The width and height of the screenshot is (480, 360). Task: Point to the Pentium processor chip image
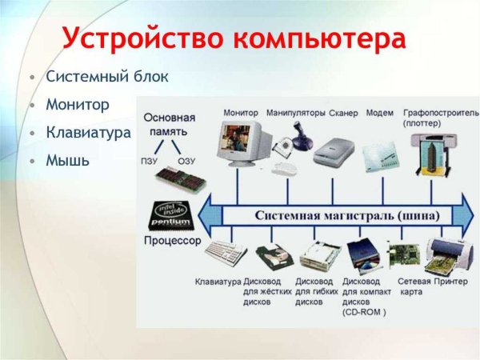point(171,215)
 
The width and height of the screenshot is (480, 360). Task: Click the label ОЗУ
point(186,160)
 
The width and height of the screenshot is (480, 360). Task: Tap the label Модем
point(379,113)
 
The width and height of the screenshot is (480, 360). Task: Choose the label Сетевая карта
point(414,286)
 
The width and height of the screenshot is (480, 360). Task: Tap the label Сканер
point(342,113)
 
